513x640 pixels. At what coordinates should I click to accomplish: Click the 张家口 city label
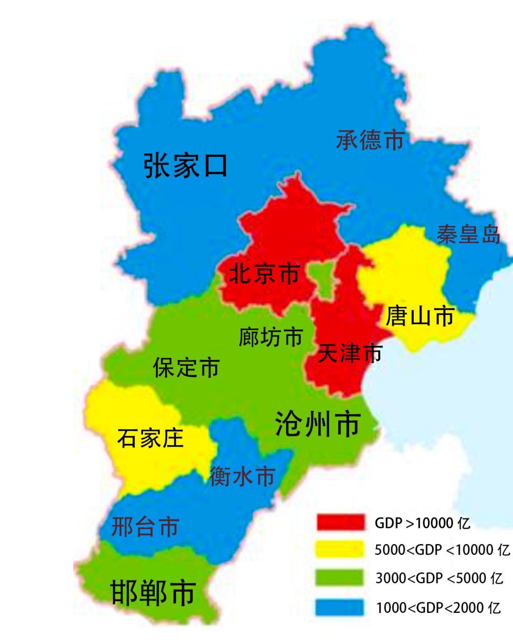tap(185, 165)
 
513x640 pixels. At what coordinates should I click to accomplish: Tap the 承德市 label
tap(370, 141)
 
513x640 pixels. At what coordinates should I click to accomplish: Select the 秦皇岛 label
tap(468, 234)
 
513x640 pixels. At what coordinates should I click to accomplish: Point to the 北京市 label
tap(264, 274)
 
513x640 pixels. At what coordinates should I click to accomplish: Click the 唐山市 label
tap(420, 316)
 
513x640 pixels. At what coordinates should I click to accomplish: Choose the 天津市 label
tap(350, 353)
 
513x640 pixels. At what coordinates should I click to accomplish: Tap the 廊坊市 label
tap(271, 337)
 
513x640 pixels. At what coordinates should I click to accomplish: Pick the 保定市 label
tap(186, 368)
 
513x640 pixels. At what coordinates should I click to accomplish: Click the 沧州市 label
tap(318, 424)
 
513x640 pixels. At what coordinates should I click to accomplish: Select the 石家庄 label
tap(150, 438)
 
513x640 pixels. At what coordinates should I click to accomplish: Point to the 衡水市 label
tap(242, 476)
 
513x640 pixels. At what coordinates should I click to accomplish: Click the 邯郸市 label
tap(153, 592)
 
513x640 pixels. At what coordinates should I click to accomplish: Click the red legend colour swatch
tap(340, 523)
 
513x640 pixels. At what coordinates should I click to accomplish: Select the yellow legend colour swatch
tap(340, 550)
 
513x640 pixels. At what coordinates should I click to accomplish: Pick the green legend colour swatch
tap(340, 578)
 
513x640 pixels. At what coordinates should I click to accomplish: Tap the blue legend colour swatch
tap(340, 607)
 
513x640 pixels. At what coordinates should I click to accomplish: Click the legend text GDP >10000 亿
tap(422, 523)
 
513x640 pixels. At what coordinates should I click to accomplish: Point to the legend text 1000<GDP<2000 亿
tap(438, 608)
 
